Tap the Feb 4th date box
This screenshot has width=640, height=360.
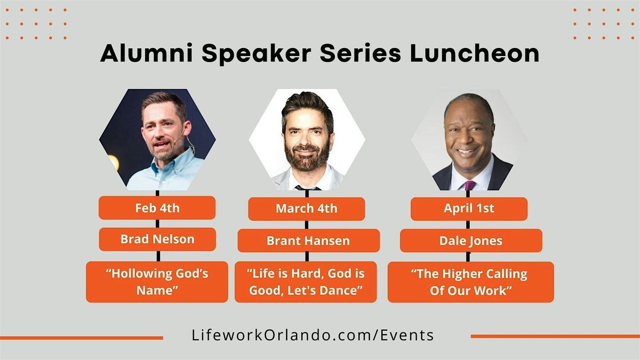click(157, 208)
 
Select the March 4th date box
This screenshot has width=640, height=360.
click(306, 209)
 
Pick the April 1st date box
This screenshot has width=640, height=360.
click(469, 209)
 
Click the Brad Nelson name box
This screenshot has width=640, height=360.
click(157, 239)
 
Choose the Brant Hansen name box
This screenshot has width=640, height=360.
click(308, 241)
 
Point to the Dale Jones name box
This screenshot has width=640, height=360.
click(471, 241)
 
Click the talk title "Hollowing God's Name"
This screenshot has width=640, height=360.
click(157, 282)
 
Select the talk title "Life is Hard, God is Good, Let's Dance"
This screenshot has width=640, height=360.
click(306, 282)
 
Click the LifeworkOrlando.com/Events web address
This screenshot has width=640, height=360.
click(313, 335)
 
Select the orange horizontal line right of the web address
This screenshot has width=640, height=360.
click(555, 336)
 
